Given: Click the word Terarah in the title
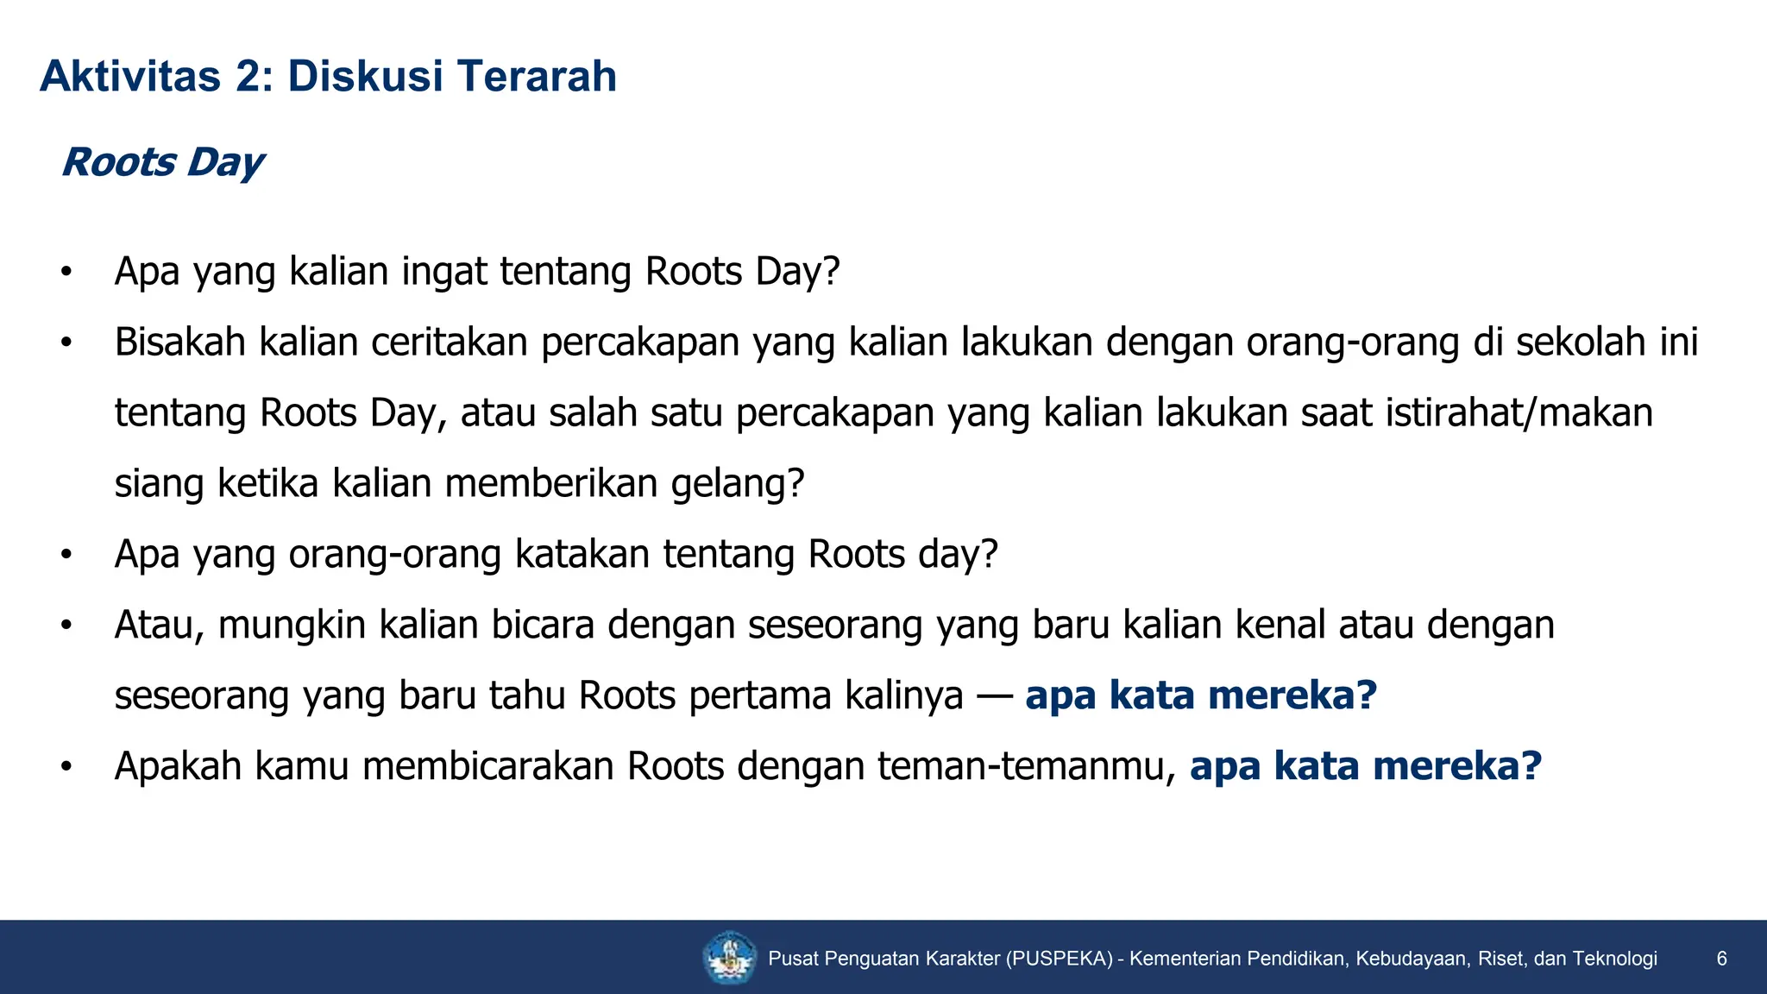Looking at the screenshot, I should tap(537, 76).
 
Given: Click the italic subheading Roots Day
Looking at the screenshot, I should tap(162, 162).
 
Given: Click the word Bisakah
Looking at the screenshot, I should tap(180, 342).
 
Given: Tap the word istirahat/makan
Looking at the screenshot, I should tap(1519, 412).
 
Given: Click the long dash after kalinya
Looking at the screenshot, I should tap(994, 695).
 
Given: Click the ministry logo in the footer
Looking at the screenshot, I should tap(730, 958).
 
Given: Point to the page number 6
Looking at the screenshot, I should tap(1721, 959).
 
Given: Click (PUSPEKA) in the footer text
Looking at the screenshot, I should tap(1059, 959).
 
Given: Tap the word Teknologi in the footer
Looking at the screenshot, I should tap(1614, 959).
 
